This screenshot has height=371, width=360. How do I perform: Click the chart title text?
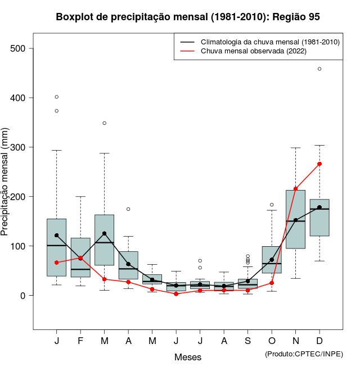pyautogui.click(x=188, y=17)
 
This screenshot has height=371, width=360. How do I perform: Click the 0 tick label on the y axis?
pyautogui.click(x=23, y=296)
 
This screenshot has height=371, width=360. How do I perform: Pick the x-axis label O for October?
pyautogui.click(x=272, y=341)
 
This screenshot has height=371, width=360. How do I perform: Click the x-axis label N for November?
pyautogui.click(x=296, y=341)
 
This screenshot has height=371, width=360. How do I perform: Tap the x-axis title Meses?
pyautogui.click(x=188, y=357)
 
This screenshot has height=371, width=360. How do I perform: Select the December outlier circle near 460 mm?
pyautogui.click(x=319, y=69)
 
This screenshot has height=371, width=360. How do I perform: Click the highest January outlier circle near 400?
pyautogui.click(x=57, y=97)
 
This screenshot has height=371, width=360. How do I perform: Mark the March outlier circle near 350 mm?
pyautogui.click(x=105, y=123)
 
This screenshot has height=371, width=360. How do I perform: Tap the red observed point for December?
pyautogui.click(x=319, y=164)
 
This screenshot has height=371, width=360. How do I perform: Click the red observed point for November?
pyautogui.click(x=296, y=189)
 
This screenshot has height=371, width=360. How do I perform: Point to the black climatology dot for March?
pyautogui.click(x=105, y=233)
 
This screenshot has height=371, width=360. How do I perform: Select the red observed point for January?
pyautogui.click(x=57, y=263)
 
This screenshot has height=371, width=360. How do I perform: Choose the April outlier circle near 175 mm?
pyautogui.click(x=128, y=209)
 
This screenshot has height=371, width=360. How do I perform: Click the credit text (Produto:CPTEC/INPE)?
pyautogui.click(x=304, y=354)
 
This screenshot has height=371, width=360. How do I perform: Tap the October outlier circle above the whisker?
pyautogui.click(x=272, y=205)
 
